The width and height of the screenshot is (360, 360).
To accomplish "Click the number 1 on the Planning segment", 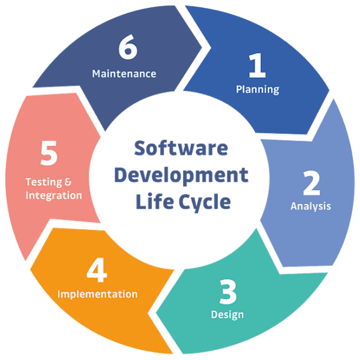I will (x=257, y=66).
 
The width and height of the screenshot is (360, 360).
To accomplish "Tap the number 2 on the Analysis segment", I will (x=311, y=183).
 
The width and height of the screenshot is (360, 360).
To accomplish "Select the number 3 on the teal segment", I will (x=227, y=292).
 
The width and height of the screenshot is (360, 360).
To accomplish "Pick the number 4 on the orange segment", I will (x=97, y=271).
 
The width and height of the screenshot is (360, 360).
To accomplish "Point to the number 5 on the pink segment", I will (x=49, y=154).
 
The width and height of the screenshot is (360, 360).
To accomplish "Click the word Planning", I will (x=257, y=90).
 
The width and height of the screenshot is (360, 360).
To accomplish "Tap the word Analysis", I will (x=311, y=206).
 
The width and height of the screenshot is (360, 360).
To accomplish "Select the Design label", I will (x=227, y=314).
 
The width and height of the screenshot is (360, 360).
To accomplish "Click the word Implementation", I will (x=97, y=294).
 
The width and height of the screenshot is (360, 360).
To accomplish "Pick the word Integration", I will (x=53, y=195).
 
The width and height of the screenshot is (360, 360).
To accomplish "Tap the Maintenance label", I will (x=124, y=74).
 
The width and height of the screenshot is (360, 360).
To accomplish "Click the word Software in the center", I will (x=180, y=148).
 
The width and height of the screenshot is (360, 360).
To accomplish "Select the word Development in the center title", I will (x=181, y=175).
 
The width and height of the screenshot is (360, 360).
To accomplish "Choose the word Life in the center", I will (x=152, y=202).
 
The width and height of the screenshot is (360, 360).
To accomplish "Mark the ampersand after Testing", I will (x=68, y=181).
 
